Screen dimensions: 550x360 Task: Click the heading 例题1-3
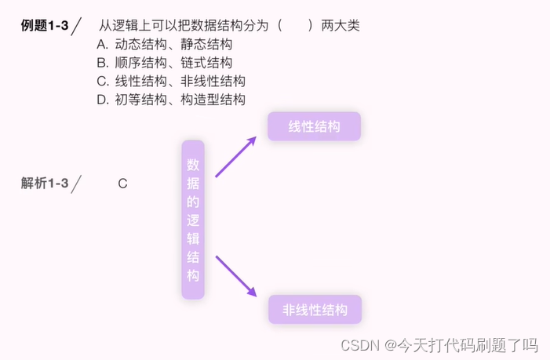tap(44, 26)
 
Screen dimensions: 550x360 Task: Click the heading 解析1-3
tap(45, 184)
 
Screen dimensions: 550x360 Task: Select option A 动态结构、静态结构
tap(165, 45)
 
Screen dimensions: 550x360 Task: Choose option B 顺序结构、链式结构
tap(165, 63)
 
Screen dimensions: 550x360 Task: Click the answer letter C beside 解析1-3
tap(122, 184)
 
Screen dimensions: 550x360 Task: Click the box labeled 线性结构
tap(314, 126)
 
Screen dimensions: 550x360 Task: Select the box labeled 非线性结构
tap(315, 310)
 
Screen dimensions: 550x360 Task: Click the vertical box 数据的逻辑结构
tap(193, 220)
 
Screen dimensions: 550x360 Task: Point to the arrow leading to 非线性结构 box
tap(235, 276)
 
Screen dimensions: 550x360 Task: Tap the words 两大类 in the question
tap(341, 26)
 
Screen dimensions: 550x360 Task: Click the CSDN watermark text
tap(439, 345)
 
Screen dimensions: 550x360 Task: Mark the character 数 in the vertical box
tap(193, 165)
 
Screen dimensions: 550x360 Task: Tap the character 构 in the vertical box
tap(193, 275)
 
